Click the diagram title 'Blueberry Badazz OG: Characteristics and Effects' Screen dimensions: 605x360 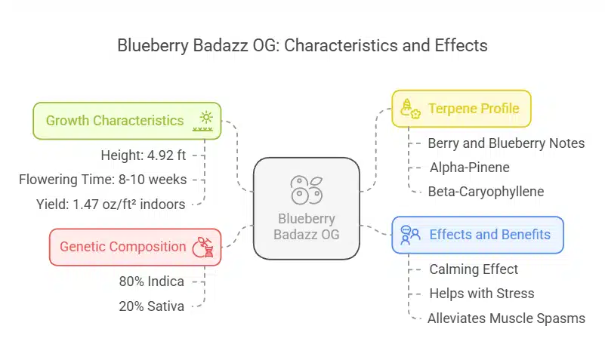302,45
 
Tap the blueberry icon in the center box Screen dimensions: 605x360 307,190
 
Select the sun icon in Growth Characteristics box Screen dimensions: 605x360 203,121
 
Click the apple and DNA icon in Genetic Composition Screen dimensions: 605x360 203,247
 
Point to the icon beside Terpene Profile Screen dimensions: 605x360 410,109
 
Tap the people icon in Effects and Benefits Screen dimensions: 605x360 410,235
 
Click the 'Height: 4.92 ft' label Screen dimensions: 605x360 144,155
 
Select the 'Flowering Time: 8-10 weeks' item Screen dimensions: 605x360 103,180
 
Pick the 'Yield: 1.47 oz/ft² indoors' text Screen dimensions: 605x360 111,205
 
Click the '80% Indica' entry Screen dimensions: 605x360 152,282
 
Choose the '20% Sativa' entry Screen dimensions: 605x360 152,306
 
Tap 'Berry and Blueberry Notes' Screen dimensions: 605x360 506,143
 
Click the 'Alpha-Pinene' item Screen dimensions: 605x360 470,168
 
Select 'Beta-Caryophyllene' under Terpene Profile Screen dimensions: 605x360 486,192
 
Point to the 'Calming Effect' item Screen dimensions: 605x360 474,269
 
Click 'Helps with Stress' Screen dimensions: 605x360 482,294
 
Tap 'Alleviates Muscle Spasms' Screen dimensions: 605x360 506,318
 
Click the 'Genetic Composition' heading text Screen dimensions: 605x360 122,247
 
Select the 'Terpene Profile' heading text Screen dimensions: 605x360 474,109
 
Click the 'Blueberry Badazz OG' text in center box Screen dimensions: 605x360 307,226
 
